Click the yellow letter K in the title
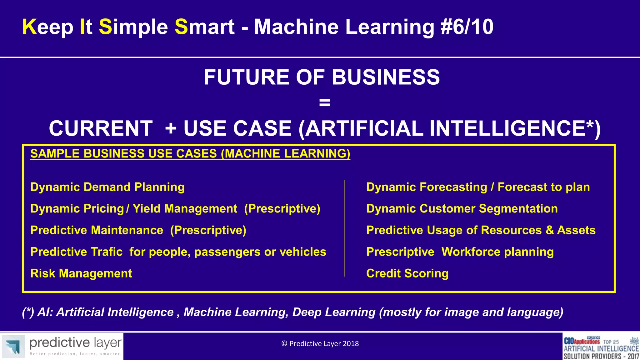tap(30, 27)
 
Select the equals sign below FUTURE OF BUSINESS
tap(325, 102)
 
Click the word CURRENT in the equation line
tap(101, 128)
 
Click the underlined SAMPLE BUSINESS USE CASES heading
tap(190, 154)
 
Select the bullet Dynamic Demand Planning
tap(107, 187)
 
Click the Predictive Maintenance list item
tap(138, 230)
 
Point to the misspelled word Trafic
tap(107, 252)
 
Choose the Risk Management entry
tap(81, 273)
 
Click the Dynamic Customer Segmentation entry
tap(462, 209)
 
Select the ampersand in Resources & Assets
tap(549, 230)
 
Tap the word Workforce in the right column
tap(471, 252)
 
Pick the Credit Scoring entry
tap(407, 273)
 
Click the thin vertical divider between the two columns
tap(344, 228)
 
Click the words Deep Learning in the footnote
tap(334, 312)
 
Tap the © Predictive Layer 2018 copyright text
tap(320, 344)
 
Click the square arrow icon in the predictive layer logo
tap(13, 346)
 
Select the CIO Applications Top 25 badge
tap(601, 346)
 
